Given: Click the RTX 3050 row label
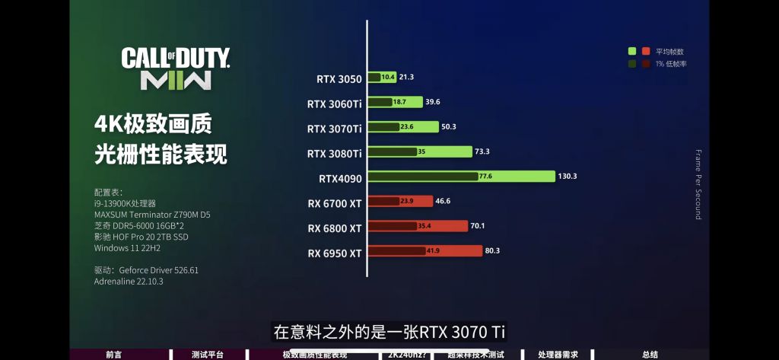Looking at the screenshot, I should (x=339, y=78).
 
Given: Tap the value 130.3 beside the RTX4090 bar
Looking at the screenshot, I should (x=568, y=177).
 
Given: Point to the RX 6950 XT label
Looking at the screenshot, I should (x=335, y=253).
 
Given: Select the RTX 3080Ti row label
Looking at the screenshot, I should (x=335, y=153).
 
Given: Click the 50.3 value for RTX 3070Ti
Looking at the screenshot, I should (x=449, y=127).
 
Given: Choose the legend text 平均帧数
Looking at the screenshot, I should (x=669, y=52).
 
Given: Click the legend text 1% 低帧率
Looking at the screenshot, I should (x=670, y=64).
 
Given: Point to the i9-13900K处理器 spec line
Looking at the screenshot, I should (x=125, y=203).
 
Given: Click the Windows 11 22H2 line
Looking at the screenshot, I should (x=127, y=247).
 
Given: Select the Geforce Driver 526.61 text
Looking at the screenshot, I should (x=158, y=270).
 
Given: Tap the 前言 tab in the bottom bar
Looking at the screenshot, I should (x=113, y=355).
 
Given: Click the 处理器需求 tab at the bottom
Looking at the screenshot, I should (x=558, y=355).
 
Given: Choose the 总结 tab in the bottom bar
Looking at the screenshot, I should (x=650, y=355).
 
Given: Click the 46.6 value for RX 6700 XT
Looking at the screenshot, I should (x=444, y=202).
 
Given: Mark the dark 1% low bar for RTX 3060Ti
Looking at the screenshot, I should (x=380, y=102).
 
